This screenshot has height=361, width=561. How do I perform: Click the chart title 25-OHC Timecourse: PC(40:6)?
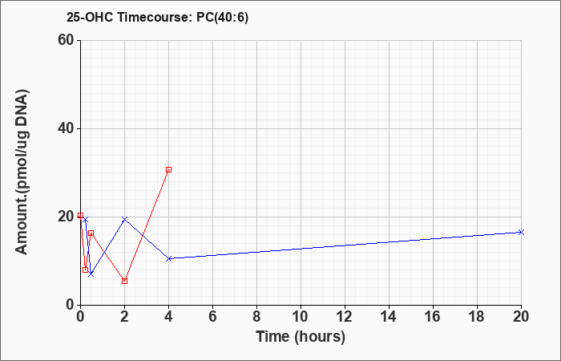tap(157, 18)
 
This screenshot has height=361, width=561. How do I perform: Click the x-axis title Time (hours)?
tap(301, 337)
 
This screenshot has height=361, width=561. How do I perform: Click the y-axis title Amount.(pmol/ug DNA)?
tap(22, 172)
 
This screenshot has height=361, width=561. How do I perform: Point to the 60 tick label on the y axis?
tap(66, 40)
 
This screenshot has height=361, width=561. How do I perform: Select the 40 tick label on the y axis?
tap(66, 128)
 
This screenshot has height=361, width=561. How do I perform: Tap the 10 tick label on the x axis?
tap(301, 317)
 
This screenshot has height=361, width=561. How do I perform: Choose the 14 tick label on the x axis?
tap(389, 317)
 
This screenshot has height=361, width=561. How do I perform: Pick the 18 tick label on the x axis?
tap(477, 317)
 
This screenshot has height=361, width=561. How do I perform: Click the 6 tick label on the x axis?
tap(212, 317)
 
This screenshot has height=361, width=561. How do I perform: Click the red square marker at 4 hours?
tap(168, 170)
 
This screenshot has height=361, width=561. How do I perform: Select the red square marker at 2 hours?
tap(124, 281)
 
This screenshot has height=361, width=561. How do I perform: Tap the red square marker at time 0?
tap(80, 216)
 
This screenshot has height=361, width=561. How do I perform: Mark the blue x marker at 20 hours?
tap(521, 233)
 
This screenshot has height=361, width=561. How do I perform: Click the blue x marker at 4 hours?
tap(168, 258)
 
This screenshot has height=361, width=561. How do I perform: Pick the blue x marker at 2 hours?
tap(124, 219)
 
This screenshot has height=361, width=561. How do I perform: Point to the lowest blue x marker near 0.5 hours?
tap(91, 274)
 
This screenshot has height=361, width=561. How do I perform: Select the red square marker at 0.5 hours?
tap(91, 233)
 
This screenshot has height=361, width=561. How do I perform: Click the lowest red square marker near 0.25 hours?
tap(85, 270)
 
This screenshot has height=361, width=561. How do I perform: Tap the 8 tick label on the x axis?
tap(256, 317)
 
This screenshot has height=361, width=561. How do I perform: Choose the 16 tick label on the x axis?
tap(433, 317)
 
